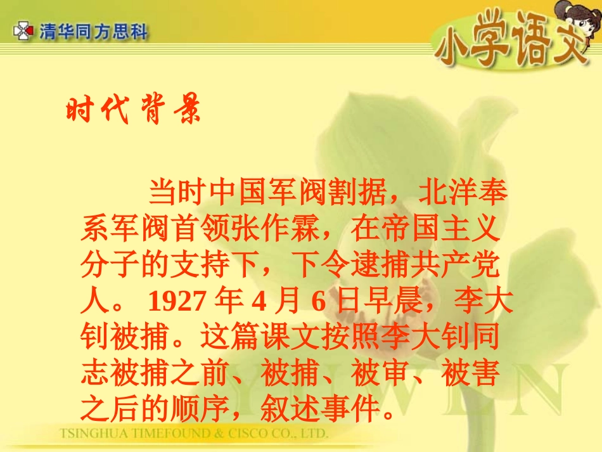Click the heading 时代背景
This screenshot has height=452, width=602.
click(134, 110)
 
